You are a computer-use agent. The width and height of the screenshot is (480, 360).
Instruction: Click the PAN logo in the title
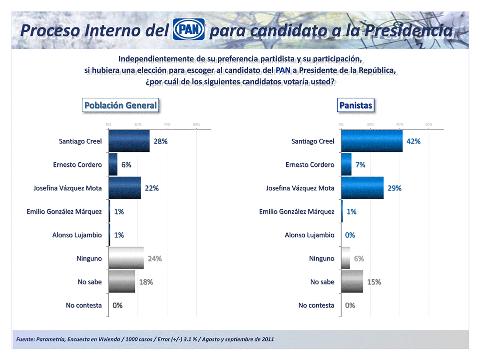189,30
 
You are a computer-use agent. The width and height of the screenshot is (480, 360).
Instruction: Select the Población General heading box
120,105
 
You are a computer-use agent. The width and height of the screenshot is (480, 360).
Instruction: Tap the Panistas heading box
356,105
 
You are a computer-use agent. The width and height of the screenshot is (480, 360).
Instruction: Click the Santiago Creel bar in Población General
129,141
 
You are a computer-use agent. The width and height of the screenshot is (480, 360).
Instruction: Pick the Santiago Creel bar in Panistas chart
372,141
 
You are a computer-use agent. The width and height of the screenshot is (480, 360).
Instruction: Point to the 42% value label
413,141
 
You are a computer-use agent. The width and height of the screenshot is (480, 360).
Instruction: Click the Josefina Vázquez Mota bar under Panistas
362,188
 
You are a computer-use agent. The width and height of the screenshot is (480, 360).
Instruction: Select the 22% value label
151,188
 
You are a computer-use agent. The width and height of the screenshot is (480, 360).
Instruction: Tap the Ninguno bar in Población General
126,258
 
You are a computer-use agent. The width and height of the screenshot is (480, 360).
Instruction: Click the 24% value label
154,259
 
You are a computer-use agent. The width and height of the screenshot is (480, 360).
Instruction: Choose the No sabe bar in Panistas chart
352,282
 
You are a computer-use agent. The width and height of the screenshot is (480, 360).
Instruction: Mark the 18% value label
146,282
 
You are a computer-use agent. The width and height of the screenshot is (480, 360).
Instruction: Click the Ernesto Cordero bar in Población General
113,164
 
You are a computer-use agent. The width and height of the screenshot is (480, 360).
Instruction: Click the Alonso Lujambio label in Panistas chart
309,235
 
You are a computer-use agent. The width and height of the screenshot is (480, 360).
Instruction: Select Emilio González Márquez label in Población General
64,212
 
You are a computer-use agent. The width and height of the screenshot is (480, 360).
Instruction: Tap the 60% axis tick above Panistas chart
429,124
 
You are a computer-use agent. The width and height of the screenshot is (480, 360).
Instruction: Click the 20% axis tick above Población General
138,124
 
